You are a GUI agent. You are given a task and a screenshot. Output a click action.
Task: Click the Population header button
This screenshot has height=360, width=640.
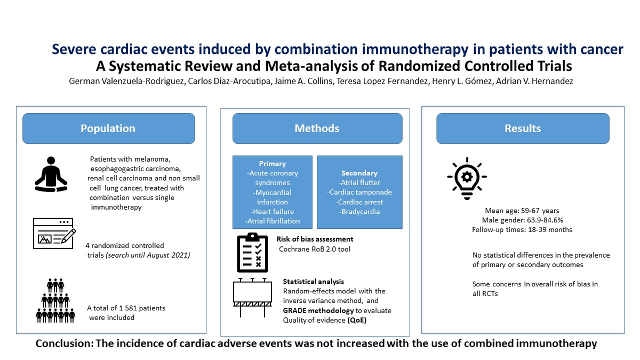[x=109, y=129]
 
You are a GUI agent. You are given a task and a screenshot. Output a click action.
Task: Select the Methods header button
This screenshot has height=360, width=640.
[x=317, y=129]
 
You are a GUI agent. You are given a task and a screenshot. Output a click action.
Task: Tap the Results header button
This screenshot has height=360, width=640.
[x=523, y=129]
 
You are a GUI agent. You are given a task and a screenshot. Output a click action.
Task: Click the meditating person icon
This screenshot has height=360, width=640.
[x=51, y=174]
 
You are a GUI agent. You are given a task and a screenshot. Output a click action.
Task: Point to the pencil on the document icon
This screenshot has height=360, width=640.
[x=69, y=236]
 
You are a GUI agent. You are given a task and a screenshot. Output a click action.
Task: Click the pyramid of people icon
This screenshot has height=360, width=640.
[x=55, y=301]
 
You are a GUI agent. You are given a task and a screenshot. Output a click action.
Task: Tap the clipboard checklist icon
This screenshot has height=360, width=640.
[x=253, y=253]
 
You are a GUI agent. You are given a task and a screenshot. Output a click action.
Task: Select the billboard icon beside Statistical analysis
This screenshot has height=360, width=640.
[x=252, y=298]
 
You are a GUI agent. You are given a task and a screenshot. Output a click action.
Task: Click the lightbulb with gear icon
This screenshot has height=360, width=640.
[x=467, y=178]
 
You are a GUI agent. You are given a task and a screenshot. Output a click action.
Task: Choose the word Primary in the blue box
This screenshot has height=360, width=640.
[x=273, y=164]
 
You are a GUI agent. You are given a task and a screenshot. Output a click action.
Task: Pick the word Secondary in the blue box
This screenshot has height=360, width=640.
[x=359, y=173]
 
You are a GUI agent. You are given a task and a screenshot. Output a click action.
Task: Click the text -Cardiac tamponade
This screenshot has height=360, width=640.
[x=359, y=193]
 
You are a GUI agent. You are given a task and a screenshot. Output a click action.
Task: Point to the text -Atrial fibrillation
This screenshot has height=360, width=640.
[x=273, y=221]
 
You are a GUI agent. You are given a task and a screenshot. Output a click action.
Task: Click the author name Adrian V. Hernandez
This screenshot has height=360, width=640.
[x=534, y=82]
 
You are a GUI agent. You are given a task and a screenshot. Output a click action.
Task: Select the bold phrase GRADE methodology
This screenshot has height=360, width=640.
[x=318, y=310]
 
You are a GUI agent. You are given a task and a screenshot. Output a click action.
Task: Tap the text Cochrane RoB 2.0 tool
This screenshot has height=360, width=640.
[x=315, y=249]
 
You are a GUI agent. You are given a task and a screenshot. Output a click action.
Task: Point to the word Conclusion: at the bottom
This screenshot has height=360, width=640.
[x=65, y=343]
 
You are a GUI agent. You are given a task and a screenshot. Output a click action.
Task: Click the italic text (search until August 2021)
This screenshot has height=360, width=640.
[x=148, y=255]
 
